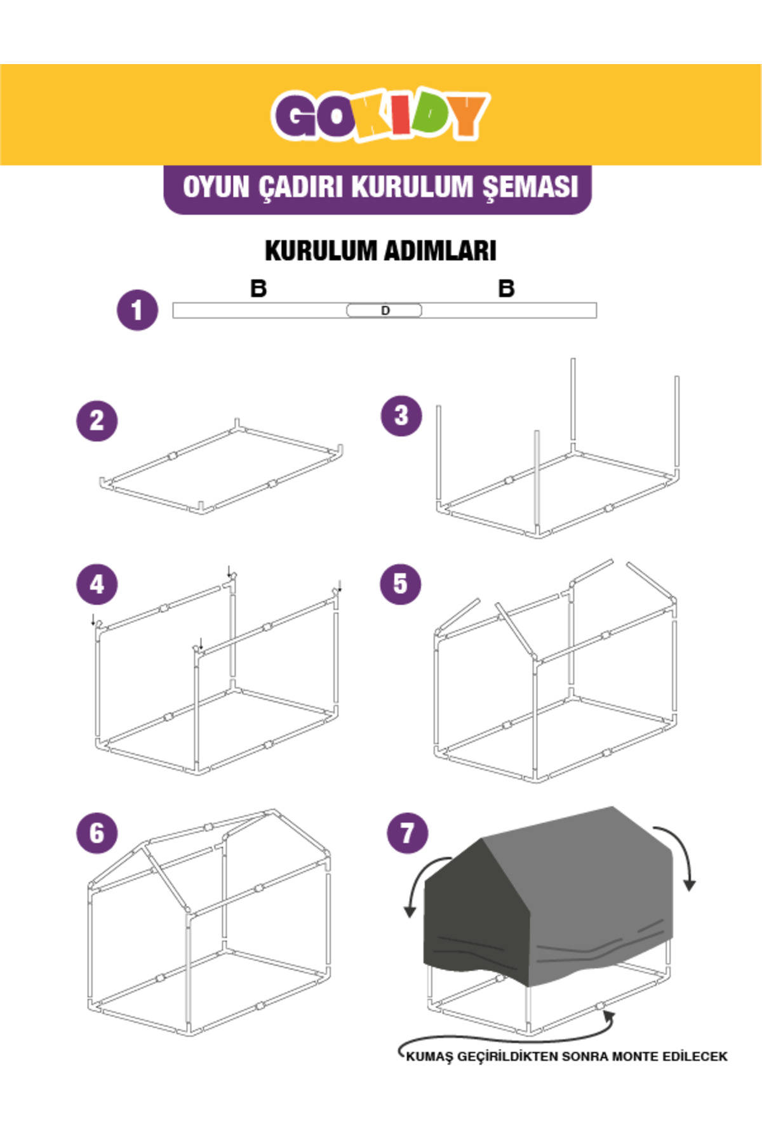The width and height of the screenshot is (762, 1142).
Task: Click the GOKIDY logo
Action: [x=380, y=115]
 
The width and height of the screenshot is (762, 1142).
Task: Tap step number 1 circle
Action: [x=137, y=310]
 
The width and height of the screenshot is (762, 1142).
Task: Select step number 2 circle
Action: [x=97, y=421]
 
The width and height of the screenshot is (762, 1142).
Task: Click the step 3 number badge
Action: [x=401, y=416]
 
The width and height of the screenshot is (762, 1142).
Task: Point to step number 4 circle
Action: [x=97, y=584]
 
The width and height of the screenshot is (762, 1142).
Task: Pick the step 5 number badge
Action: [x=400, y=584]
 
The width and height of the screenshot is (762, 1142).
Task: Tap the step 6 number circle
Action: [x=97, y=833]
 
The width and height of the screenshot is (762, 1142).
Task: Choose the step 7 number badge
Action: [x=408, y=833]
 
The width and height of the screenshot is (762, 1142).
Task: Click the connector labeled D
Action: [x=384, y=310]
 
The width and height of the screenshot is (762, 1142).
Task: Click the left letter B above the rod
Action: [x=258, y=289]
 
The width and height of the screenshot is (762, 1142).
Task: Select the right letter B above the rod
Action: [x=506, y=289]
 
